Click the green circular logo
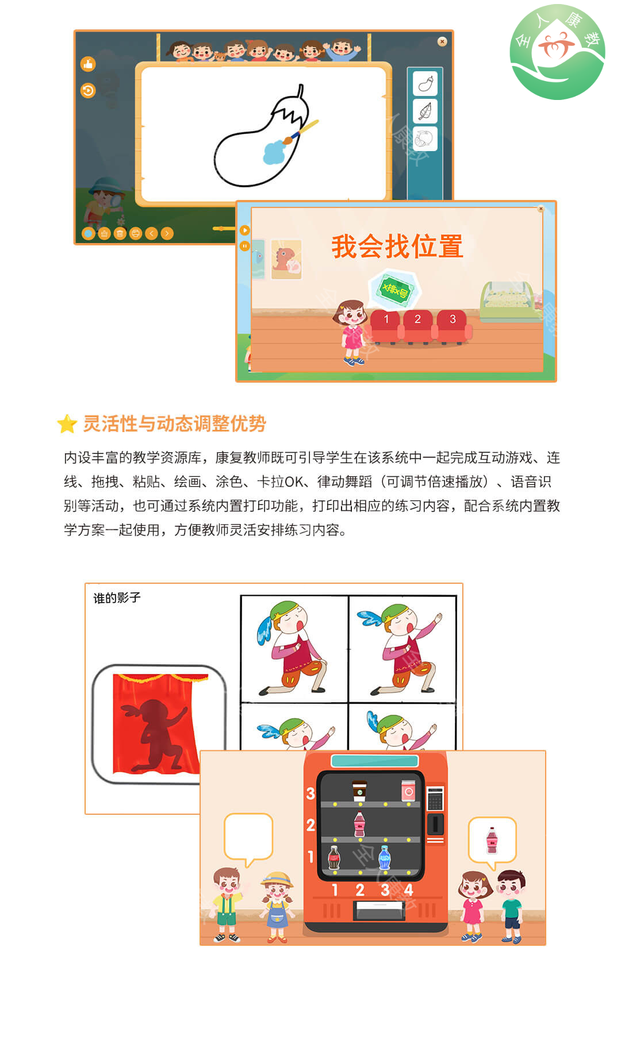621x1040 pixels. coord(557,52)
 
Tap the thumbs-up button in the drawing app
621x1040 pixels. coord(88,64)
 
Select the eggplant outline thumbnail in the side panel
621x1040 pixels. coord(425,84)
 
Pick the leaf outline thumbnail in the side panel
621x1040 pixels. coord(425,111)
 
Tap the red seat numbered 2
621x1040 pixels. coord(417,326)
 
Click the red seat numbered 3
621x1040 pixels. coord(453,326)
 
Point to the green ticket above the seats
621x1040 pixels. coord(395,289)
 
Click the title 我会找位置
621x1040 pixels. coord(397,246)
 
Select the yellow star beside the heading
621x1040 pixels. coord(67,424)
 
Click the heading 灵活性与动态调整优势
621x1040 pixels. coord(175,424)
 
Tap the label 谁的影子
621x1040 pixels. coord(117,598)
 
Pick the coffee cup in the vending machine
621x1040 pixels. coord(359,790)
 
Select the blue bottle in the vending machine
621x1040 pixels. coord(385,858)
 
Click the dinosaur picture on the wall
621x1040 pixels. coord(286,259)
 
